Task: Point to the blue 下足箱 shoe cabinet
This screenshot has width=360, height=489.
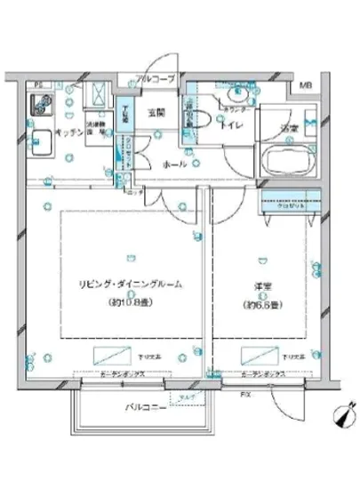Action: pyautogui.click(x=125, y=116)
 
